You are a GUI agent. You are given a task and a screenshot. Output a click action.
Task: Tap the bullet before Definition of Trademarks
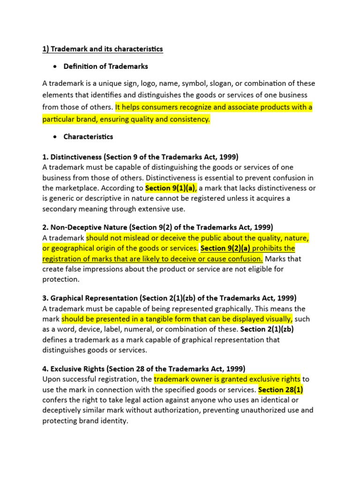click(55, 67)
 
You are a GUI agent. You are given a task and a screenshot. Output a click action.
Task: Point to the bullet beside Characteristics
click(55, 137)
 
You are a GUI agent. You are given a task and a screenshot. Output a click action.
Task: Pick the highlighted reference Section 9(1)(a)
click(170, 188)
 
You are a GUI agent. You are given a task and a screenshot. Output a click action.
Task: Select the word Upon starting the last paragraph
click(52, 379)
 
